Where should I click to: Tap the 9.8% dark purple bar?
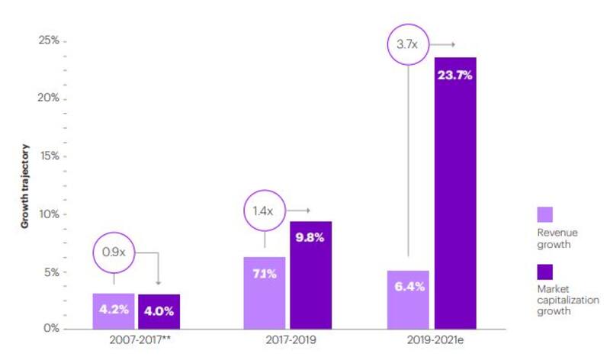pos(310,275)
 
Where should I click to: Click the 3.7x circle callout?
pos(407,44)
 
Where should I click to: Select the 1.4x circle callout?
pos(264,210)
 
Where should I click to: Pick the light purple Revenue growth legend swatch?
pos(545,214)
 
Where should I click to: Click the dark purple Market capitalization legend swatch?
pos(545,272)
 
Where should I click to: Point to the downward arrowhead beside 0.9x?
pos(158,281)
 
